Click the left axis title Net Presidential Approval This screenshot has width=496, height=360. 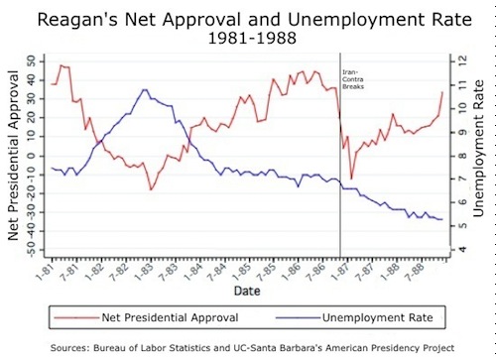(13, 158)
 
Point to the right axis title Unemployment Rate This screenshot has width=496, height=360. (483, 158)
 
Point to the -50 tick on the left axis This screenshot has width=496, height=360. (30, 251)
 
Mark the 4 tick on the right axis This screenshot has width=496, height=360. (459, 251)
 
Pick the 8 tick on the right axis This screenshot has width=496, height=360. (459, 156)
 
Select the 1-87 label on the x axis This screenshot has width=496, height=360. (339, 271)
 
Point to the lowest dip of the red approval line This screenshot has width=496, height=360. (152, 189)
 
